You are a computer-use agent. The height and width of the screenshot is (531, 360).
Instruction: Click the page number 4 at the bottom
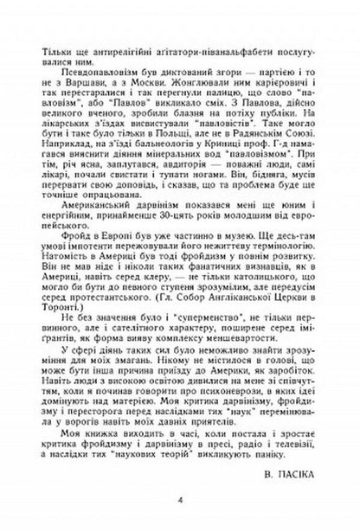[178, 500]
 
